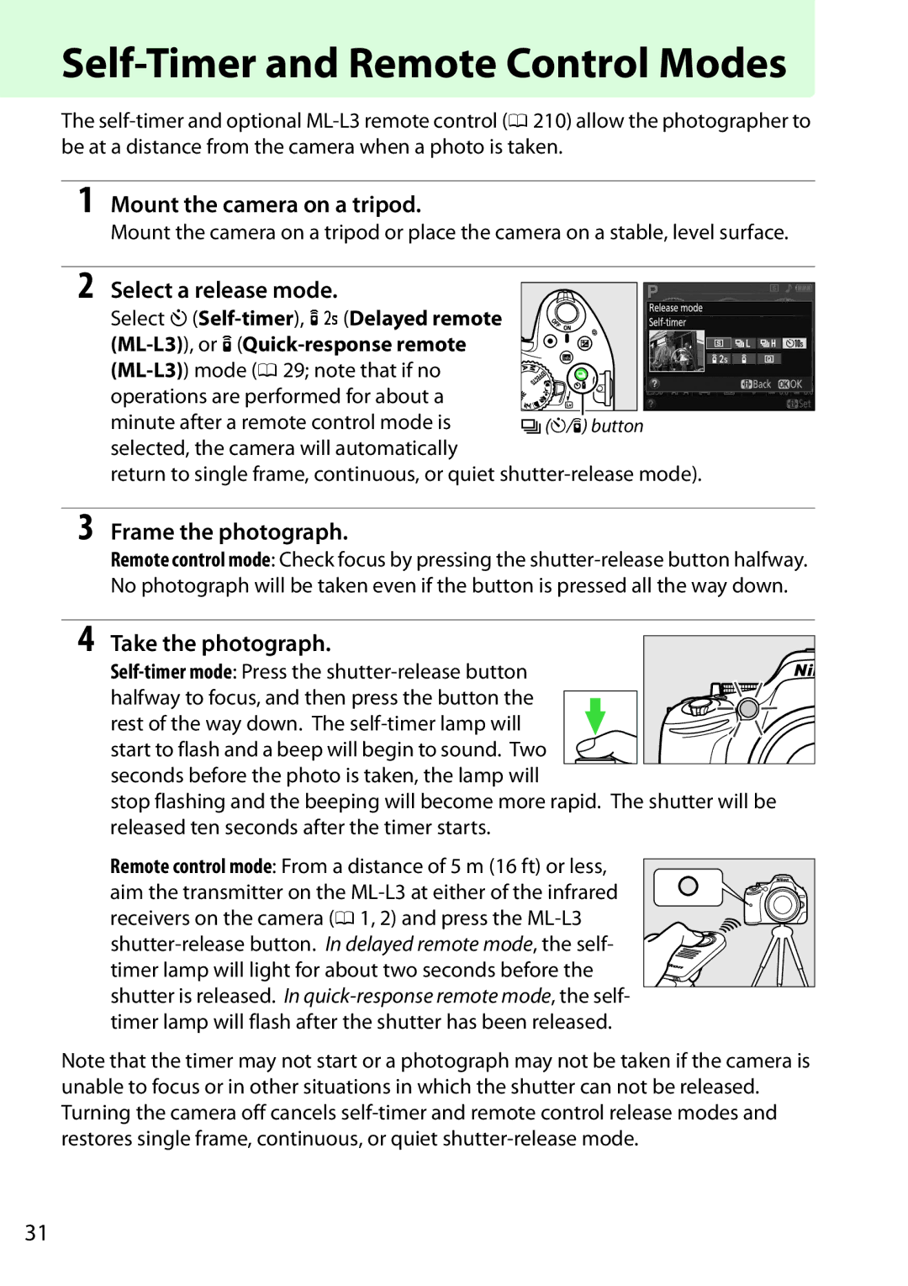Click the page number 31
[36, 1232]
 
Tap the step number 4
[85, 639]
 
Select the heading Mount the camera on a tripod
[266, 204]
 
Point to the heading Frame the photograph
[229, 532]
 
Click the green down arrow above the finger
[595, 715]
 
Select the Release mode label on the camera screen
[675, 308]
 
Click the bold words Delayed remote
[425, 319]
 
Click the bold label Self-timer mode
[171, 672]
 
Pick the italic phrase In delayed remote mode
[429, 945]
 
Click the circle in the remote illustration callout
[688, 886]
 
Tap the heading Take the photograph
[220, 643]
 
